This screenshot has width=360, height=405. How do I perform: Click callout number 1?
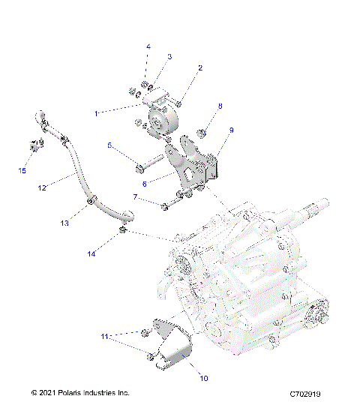click(97, 113)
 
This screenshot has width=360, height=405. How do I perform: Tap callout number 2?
click(200, 68)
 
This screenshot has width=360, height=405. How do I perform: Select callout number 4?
click(148, 46)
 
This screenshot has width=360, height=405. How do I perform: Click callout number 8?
click(219, 106)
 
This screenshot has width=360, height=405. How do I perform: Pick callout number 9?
click(231, 130)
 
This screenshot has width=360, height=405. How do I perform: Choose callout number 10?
click(202, 379)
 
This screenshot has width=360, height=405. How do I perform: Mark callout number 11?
click(106, 337)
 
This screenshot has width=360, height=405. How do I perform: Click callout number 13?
click(64, 223)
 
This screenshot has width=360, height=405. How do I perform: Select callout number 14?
click(91, 254)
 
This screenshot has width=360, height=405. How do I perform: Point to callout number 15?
click(22, 171)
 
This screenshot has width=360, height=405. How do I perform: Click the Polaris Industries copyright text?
click(80, 393)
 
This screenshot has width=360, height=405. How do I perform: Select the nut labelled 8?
click(202, 134)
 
